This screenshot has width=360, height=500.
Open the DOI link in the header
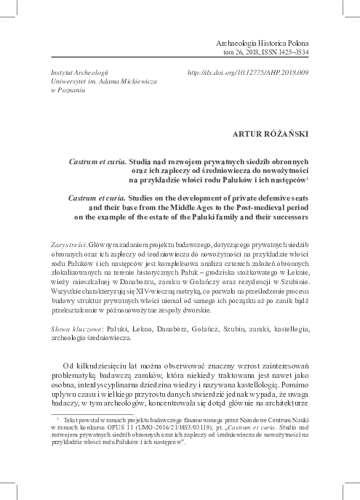[249, 74]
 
